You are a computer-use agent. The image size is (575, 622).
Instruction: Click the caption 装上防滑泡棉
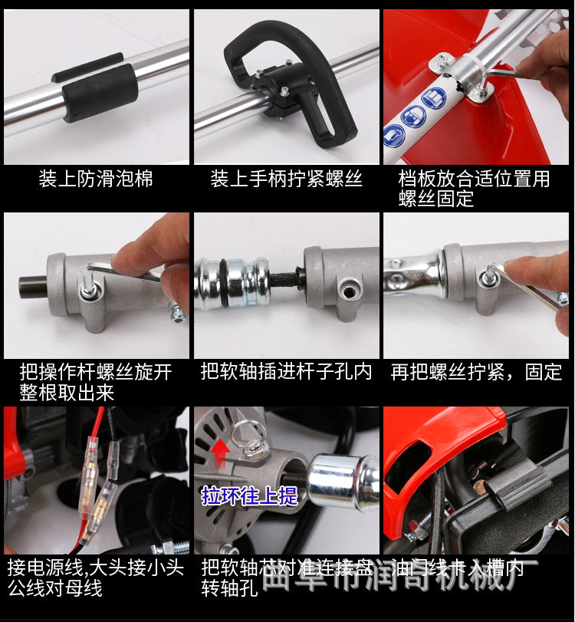click(x=96, y=179)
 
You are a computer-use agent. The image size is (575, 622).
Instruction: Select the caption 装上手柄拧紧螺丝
click(x=286, y=179)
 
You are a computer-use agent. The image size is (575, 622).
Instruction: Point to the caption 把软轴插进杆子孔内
click(x=286, y=372)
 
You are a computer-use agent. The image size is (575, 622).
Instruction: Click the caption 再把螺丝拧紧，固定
click(x=476, y=372)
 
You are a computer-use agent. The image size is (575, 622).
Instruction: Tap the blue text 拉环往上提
click(x=249, y=495)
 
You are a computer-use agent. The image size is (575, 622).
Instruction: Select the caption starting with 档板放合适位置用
click(x=474, y=179)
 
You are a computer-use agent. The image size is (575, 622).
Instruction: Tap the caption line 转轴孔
click(x=230, y=588)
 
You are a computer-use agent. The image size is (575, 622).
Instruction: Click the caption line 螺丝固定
click(x=436, y=199)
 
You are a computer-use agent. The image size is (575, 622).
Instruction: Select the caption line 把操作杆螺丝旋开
click(x=96, y=372)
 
